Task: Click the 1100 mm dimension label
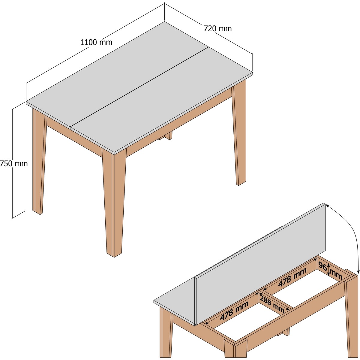click(x=96, y=42)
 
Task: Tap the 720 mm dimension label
click(x=217, y=28)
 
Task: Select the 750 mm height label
click(x=14, y=163)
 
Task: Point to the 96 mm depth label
click(x=330, y=271)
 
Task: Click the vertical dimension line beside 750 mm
click(x=12, y=164)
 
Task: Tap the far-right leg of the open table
click(x=352, y=318)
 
